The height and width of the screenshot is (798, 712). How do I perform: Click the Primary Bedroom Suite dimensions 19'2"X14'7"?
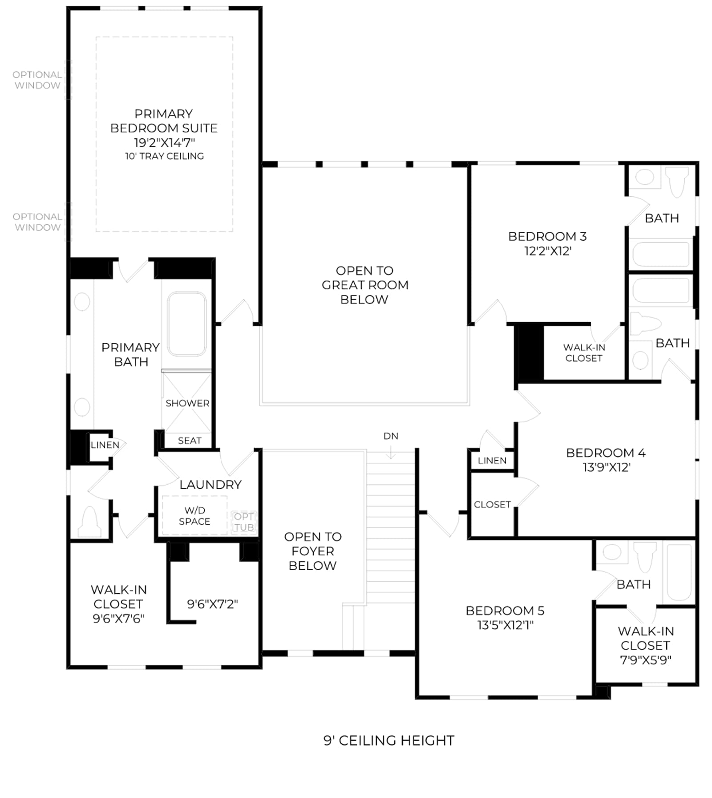(164, 142)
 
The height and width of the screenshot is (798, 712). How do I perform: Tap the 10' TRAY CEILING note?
(164, 156)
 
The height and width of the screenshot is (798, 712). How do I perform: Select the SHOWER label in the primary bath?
(187, 403)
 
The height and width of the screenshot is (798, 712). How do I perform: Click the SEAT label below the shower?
(190, 441)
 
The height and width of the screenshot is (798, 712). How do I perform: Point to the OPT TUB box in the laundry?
(244, 522)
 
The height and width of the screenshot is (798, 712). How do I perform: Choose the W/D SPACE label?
(194, 516)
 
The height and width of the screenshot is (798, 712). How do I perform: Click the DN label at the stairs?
(391, 436)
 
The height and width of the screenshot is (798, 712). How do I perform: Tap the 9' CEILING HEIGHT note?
(389, 740)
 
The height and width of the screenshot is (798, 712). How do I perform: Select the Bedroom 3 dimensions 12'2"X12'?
(548, 251)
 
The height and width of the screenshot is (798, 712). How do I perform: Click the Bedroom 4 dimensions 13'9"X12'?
(607, 467)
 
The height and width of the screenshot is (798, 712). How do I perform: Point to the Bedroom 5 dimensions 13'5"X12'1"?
(505, 625)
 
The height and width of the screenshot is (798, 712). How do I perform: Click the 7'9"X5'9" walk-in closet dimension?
(645, 660)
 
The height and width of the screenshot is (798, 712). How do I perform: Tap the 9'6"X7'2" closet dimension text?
(213, 604)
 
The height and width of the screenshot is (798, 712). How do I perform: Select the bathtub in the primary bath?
(187, 324)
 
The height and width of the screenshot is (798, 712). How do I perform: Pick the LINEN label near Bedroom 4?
(492, 461)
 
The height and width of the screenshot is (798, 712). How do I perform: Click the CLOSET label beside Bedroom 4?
(492, 505)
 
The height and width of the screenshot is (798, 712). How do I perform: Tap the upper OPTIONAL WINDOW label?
(37, 80)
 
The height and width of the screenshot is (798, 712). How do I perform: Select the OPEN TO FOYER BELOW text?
(313, 551)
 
